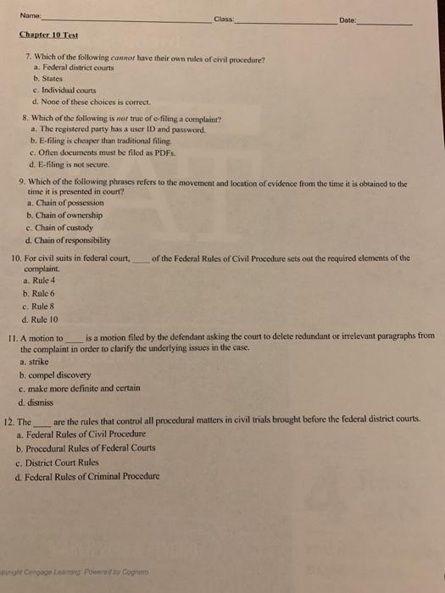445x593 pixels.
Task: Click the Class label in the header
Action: (x=224, y=19)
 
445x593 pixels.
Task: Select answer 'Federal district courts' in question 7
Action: (x=74, y=69)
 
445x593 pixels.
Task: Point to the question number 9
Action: (x=21, y=182)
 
